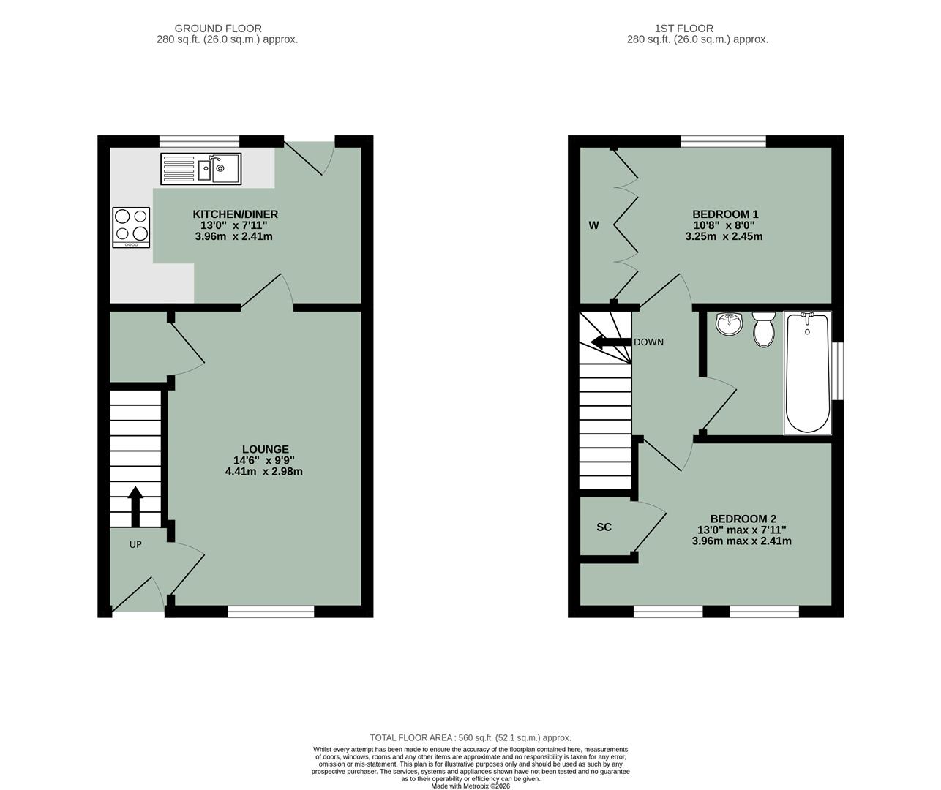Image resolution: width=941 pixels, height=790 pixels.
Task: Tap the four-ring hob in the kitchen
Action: [131, 226]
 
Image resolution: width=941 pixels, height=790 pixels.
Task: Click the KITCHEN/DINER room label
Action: [235, 214]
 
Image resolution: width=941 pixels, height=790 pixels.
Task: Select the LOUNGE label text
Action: [266, 449]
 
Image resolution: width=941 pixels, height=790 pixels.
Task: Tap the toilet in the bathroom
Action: [763, 328]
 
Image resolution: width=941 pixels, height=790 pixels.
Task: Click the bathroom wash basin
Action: [729, 323]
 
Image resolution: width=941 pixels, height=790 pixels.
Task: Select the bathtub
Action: [807, 372]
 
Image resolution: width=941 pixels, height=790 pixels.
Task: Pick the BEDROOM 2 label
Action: [742, 519]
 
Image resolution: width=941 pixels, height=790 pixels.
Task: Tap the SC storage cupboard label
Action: [604, 527]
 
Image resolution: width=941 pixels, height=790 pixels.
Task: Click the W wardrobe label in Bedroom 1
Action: [593, 225]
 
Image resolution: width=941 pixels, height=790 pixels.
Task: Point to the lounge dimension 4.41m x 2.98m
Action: [263, 472]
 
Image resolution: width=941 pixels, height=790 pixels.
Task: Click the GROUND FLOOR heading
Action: [228, 29]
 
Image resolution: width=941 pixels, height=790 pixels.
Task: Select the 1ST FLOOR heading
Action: [697, 29]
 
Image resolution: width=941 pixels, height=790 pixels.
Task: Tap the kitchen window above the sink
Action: [200, 140]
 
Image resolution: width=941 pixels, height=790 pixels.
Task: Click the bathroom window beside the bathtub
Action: [838, 371]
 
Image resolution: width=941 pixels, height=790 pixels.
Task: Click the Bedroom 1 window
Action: [723, 140]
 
